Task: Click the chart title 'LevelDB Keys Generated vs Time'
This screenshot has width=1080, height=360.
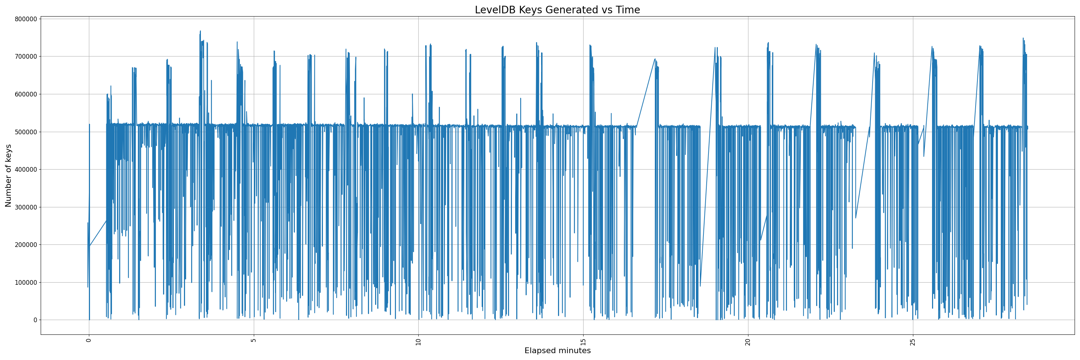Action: (557, 10)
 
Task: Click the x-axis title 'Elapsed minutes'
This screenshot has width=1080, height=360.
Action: (557, 351)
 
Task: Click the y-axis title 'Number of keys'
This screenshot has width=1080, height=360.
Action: (8, 176)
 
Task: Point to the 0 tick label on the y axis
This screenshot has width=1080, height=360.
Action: (35, 320)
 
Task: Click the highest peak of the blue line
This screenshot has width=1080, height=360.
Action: (201, 31)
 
